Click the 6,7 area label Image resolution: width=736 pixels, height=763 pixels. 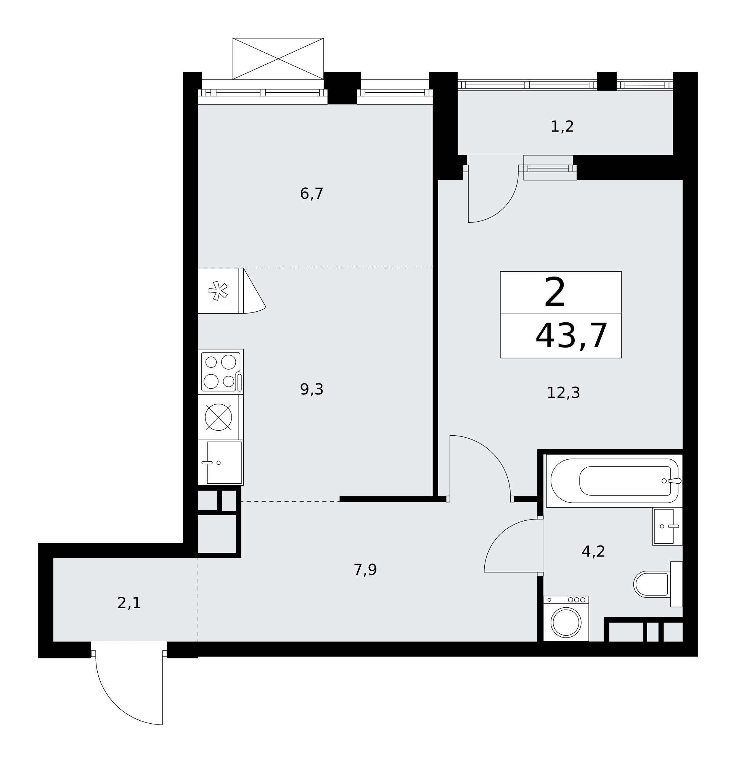click(311, 194)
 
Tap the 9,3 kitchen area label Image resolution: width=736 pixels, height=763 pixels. click(311, 390)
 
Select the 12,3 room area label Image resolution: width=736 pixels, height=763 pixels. click(563, 393)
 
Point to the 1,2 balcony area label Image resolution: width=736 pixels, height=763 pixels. click(562, 127)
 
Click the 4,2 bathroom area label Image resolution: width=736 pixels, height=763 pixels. click(593, 551)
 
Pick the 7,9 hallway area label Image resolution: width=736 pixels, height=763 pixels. click(365, 570)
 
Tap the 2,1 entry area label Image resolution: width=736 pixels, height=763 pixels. click(129, 603)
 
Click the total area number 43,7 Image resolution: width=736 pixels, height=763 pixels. click(571, 336)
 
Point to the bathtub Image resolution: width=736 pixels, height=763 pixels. click(614, 481)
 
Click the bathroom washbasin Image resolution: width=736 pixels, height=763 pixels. click(667, 526)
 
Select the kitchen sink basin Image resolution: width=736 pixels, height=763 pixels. click(224, 463)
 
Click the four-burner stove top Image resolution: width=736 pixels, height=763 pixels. click(221, 372)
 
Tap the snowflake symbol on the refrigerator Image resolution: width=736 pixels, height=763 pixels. click(218, 290)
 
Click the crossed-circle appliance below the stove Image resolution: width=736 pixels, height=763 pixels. click(219, 417)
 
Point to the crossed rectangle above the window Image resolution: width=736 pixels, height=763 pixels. click(278, 59)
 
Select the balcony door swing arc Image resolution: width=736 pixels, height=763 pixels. click(502, 206)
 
